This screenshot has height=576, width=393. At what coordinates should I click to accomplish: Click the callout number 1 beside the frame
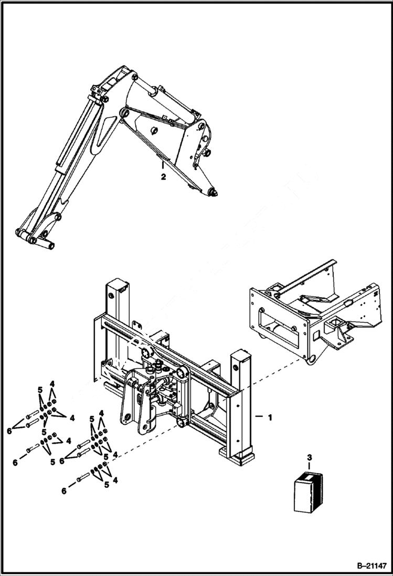pyautogui.click(x=270, y=418)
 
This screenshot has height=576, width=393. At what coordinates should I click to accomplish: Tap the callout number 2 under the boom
pyautogui.click(x=163, y=177)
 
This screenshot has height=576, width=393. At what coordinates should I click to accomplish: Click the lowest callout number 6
pyautogui.click(x=65, y=491)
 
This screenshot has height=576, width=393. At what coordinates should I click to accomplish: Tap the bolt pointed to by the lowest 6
pyautogui.click(x=83, y=478)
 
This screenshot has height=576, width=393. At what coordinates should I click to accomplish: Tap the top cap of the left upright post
pyautogui.click(x=116, y=285)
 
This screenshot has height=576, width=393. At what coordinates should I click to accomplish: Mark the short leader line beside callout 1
pyautogui.click(x=259, y=417)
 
